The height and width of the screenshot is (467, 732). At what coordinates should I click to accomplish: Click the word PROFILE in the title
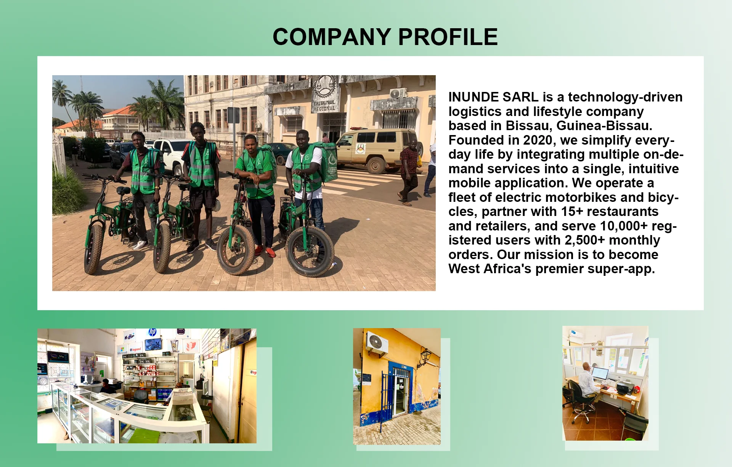448,37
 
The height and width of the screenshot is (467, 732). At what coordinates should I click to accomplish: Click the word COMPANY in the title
332,37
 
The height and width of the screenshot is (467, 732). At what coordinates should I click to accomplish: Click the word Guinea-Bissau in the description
604,126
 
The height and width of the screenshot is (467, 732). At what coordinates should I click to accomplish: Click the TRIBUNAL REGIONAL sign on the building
324,106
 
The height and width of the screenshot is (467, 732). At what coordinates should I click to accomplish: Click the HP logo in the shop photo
152,332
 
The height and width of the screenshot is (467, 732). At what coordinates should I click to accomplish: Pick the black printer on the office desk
625,388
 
